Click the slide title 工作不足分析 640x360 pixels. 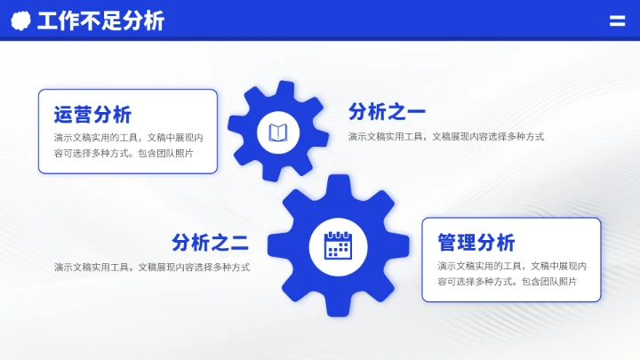coord(100,20)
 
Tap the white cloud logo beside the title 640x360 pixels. coord(20,20)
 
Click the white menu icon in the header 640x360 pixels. coord(617,20)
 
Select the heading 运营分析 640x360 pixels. coord(92,115)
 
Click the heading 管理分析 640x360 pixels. coord(476,243)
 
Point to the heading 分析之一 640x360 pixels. coord(387,112)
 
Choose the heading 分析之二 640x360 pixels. coord(210,243)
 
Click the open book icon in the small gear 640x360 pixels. coord(278,133)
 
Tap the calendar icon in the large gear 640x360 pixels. coord(338,244)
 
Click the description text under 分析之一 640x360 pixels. coord(445,137)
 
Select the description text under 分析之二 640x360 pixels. coord(151,267)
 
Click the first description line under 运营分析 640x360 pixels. coord(128,138)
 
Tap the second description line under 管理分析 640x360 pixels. coord(507,281)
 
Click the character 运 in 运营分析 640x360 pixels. coord(63,115)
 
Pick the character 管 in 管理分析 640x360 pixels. coord(447,243)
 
